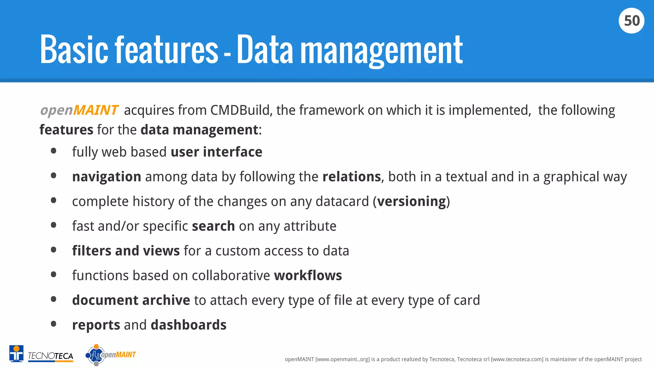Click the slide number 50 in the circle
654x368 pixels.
pos(631,21)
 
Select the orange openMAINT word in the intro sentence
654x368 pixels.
pos(80,110)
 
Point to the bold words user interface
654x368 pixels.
pos(217,152)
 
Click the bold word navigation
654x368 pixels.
pos(107,177)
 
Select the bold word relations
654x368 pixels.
pos(351,177)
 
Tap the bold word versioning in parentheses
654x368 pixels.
pos(411,202)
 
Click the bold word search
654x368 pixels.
pos(213,226)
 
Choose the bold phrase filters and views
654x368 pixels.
pos(126,251)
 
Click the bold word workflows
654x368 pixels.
pos(308,276)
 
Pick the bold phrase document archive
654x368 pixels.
pos(131,300)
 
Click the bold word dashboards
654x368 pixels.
pos(188,325)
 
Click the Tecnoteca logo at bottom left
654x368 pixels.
pos(42,354)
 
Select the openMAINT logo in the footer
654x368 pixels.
pos(111,355)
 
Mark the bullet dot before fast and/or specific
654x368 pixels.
pos(54,225)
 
